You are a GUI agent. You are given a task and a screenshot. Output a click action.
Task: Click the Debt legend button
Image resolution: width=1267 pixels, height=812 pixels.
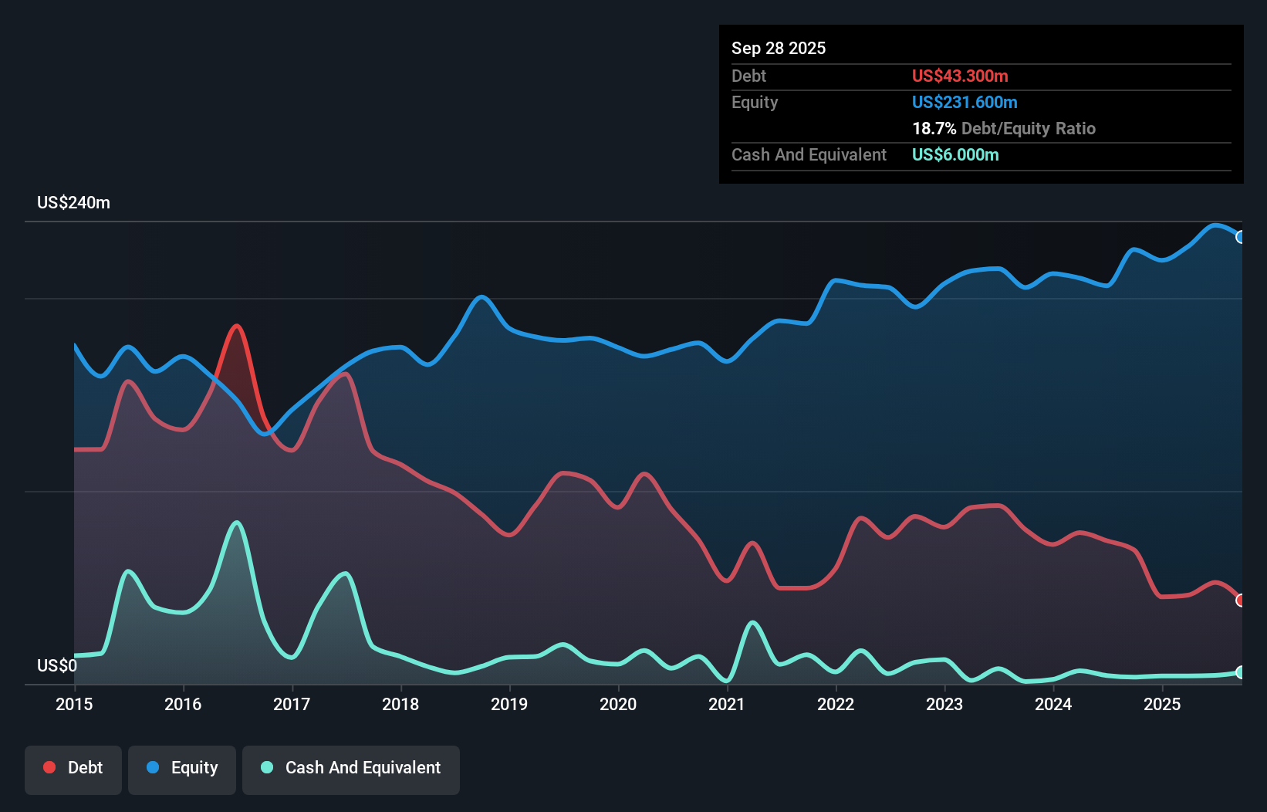point(73,769)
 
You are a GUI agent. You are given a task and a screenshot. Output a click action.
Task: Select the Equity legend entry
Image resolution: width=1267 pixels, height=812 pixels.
point(182,769)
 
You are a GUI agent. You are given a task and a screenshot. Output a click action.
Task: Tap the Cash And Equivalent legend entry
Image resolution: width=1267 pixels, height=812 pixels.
point(351,769)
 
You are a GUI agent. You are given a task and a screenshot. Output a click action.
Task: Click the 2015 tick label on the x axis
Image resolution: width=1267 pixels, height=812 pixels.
point(74,704)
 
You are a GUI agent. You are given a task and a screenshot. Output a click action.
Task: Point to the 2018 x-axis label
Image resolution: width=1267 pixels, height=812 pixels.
point(400,704)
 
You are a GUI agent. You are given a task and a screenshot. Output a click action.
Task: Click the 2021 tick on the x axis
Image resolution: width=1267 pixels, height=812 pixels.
point(727,704)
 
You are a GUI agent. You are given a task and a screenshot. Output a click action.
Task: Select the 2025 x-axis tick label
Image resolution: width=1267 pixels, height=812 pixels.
point(1162,704)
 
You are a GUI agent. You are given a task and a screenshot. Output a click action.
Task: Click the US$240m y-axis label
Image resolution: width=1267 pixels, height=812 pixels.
point(73,203)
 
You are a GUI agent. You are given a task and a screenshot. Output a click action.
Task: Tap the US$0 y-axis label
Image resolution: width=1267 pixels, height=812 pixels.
point(57,665)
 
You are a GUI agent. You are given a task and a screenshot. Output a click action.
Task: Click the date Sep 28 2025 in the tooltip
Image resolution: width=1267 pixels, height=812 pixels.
point(778,48)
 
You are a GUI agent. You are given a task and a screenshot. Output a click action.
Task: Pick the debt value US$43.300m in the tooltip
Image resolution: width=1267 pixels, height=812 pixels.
point(959,76)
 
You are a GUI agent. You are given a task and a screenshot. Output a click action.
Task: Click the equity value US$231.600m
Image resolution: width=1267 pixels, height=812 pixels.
point(964,102)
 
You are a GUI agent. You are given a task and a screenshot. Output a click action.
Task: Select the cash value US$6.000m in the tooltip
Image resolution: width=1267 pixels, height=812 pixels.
point(954,154)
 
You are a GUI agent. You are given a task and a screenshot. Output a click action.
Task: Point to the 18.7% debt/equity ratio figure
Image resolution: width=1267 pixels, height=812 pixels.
point(934,128)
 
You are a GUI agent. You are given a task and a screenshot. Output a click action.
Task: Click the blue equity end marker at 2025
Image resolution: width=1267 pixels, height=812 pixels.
point(1240,237)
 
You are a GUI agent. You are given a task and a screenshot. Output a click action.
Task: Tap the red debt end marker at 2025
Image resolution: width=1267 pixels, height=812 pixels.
point(1240,600)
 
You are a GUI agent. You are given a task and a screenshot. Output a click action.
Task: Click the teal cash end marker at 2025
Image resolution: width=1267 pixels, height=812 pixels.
point(1240,672)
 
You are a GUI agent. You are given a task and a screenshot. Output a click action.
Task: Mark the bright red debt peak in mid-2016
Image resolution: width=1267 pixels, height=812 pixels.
point(236,326)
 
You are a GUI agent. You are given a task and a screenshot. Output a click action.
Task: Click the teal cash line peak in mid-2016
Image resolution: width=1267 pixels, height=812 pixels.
point(236,523)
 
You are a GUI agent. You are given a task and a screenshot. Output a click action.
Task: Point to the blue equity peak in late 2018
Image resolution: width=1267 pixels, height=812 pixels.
point(481,296)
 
